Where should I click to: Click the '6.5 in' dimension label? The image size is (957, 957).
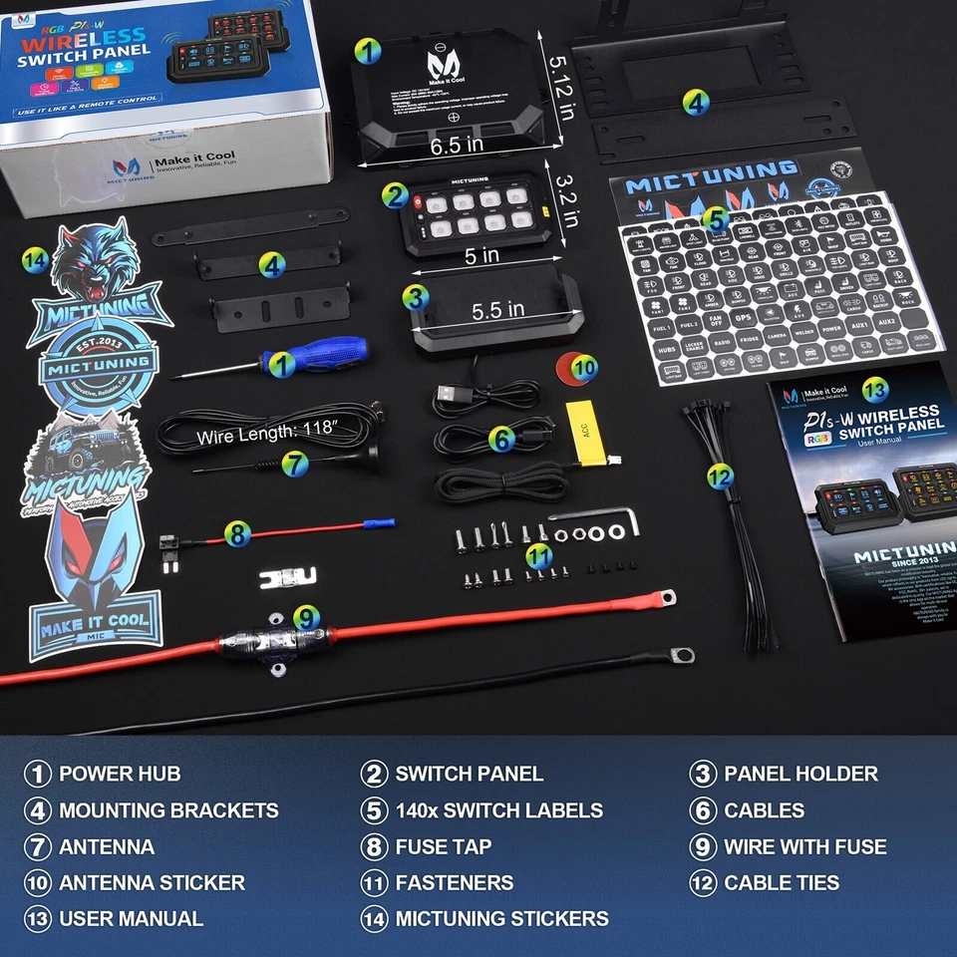tap(456, 147)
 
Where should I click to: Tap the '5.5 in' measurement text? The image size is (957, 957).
tap(498, 309)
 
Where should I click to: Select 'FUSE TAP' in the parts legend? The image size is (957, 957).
tap(444, 846)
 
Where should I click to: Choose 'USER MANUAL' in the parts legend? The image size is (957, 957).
tap(131, 919)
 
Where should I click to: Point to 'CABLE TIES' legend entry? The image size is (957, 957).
tap(782, 883)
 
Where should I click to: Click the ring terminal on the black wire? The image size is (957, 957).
tap(683, 655)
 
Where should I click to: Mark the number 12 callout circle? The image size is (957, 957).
tap(720, 477)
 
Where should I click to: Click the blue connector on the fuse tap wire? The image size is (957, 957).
tap(381, 523)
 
